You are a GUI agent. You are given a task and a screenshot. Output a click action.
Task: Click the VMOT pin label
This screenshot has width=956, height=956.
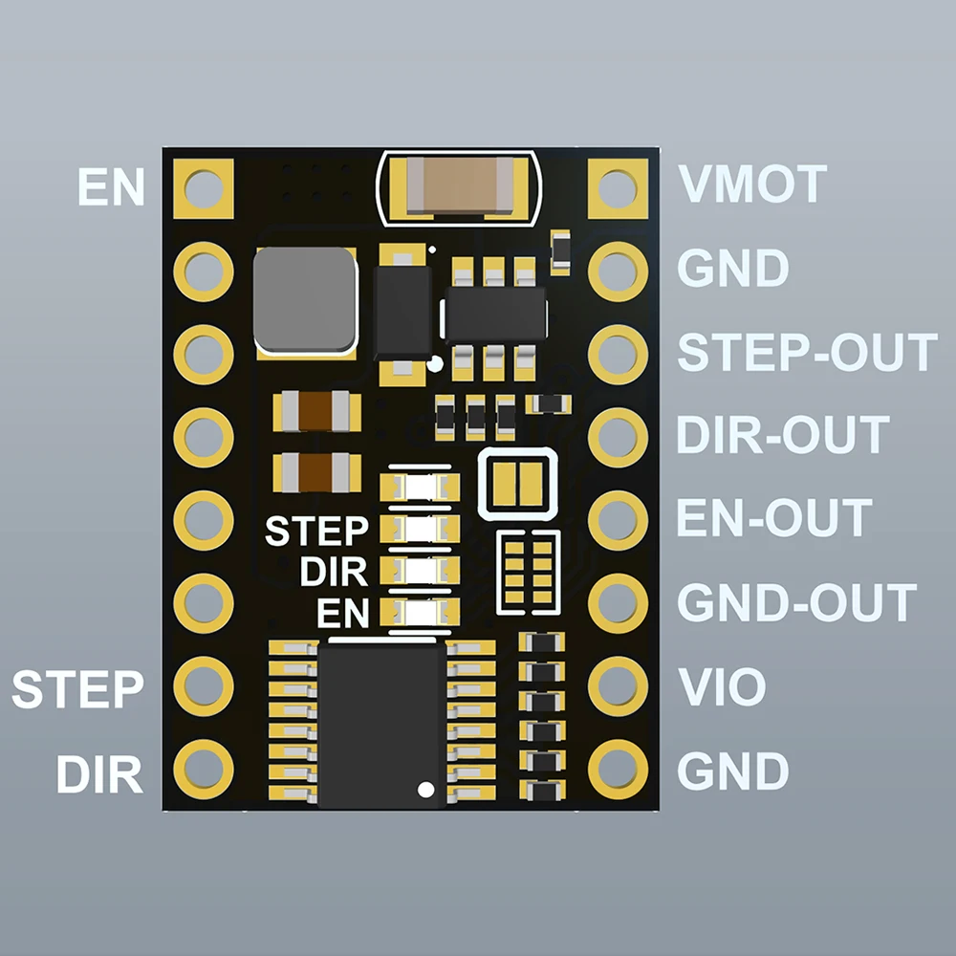tap(751, 184)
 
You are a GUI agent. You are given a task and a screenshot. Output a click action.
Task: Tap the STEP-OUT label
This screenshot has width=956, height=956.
tap(806, 353)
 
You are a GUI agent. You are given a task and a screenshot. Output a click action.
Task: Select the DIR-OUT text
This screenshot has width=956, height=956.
tap(782, 435)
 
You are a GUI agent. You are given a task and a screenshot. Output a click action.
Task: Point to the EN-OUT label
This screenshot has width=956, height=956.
tap(773, 517)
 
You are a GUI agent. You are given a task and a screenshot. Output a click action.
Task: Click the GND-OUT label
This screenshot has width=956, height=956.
tap(796, 602)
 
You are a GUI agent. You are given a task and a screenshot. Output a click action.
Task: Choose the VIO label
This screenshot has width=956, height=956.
tap(722, 686)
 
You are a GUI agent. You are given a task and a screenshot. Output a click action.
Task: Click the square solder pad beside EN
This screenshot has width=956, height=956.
tap(204, 187)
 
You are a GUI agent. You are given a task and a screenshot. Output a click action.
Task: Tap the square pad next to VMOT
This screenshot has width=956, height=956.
tap(618, 187)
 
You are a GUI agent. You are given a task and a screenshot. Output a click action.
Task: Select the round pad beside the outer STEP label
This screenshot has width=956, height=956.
tap(204, 684)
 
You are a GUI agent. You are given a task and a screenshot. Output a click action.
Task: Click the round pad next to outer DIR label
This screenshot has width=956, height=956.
tap(204, 768)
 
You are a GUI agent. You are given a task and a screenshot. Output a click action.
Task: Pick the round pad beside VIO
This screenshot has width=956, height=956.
tap(618, 684)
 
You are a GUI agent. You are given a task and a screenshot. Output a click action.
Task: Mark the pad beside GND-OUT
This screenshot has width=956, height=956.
tap(618, 601)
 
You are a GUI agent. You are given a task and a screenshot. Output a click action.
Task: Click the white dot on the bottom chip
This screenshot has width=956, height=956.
tap(425, 789)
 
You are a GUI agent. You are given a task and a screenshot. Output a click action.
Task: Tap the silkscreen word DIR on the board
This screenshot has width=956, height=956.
tap(333, 573)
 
